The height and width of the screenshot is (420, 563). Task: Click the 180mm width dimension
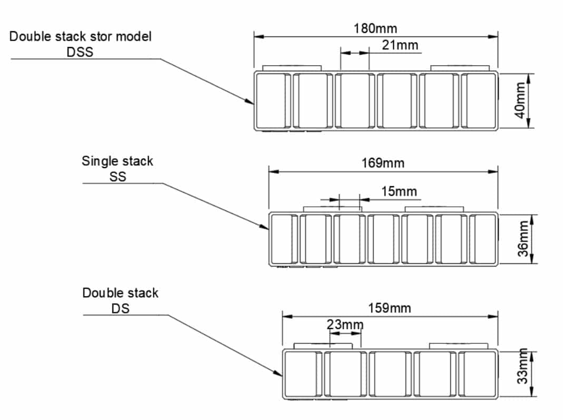coord(375,28)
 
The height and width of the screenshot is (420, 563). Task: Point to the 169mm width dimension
coord(383,163)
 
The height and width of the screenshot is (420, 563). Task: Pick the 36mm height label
coord(522,239)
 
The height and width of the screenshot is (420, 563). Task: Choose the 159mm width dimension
coord(390,308)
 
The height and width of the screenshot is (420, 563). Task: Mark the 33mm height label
coord(522,373)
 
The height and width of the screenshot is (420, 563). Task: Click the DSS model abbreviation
coord(80,52)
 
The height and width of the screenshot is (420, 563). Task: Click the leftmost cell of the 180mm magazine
coord(272,100)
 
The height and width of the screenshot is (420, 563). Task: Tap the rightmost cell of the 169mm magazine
coord(482,239)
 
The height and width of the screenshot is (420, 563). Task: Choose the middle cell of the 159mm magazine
coord(390,373)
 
